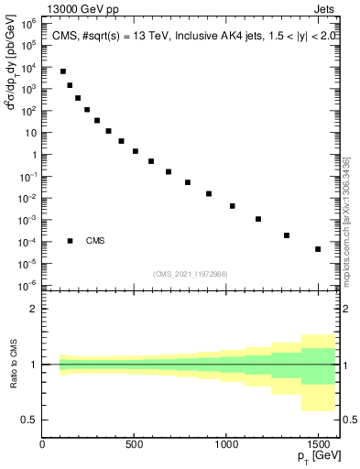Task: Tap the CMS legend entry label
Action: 96,241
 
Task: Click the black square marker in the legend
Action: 70,241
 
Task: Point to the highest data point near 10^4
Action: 63,71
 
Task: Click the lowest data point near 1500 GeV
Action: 318,249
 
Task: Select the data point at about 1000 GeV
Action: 233,206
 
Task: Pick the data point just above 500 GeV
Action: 136,151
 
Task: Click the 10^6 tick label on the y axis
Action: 29,23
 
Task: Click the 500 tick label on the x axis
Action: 134,444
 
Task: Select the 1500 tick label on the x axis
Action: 317,444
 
